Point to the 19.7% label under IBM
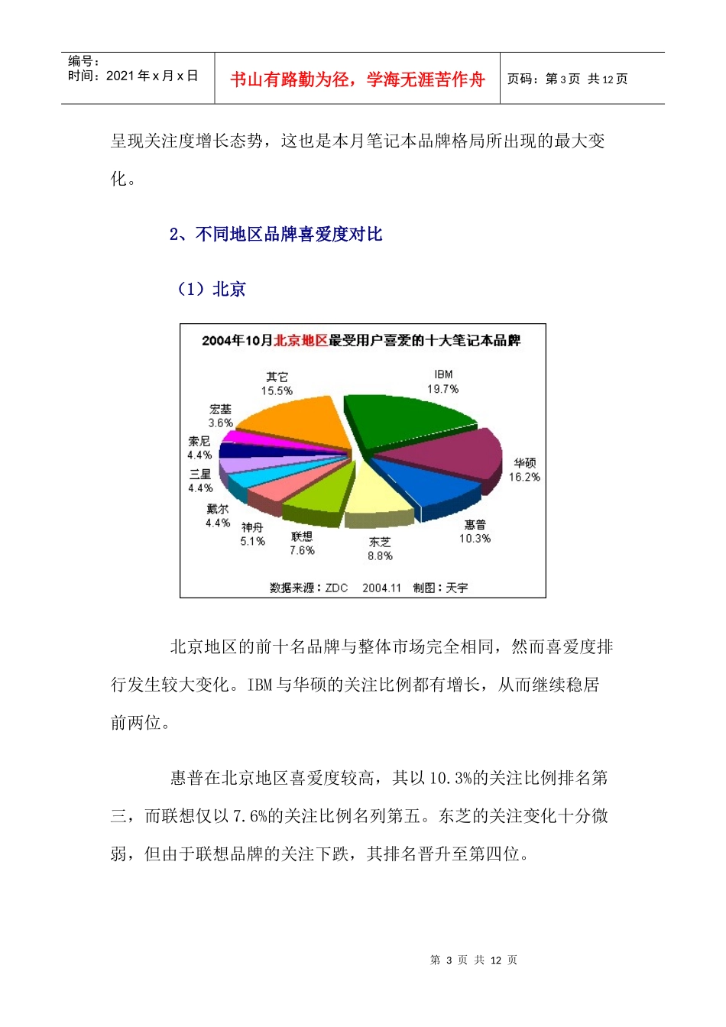pyautogui.click(x=443, y=389)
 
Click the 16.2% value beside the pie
pyautogui.click(x=524, y=477)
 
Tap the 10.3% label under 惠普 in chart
pyautogui.click(x=475, y=539)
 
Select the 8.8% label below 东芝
pyautogui.click(x=380, y=556)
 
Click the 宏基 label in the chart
pyautogui.click(x=220, y=410)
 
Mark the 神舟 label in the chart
pyautogui.click(x=252, y=527)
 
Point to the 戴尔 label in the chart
pyautogui.click(x=217, y=509)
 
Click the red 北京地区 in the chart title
pyautogui.click(x=300, y=341)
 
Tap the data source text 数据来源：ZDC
pyautogui.click(x=309, y=588)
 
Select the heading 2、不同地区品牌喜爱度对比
pyautogui.click(x=276, y=235)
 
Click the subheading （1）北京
pyautogui.click(x=212, y=290)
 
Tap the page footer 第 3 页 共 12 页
pyautogui.click(x=474, y=960)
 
